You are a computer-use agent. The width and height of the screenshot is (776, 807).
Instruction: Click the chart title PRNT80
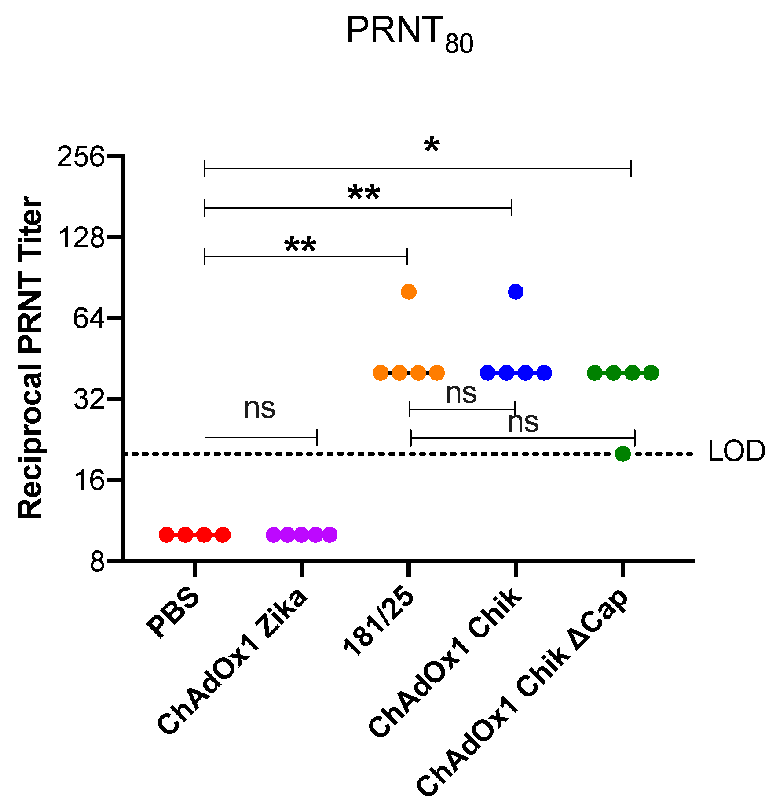tap(409, 33)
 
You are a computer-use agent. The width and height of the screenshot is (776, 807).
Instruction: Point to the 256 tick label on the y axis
tap(81, 156)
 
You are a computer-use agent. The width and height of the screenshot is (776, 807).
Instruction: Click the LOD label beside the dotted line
tap(736, 452)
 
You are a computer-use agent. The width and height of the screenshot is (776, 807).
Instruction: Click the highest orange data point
tap(409, 292)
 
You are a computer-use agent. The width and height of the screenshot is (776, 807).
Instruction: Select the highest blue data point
tap(516, 291)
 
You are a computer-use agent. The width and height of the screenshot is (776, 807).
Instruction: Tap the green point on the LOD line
tap(623, 453)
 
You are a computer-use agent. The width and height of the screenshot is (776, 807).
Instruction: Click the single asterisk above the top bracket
tap(432, 146)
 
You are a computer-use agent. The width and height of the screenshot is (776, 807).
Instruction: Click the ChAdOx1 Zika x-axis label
tap(233, 660)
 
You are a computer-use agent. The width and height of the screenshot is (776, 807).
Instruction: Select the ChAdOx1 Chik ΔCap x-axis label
tap(523, 691)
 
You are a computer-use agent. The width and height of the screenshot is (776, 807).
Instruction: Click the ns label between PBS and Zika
tap(260, 408)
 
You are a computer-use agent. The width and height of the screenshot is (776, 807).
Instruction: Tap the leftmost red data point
tap(166, 535)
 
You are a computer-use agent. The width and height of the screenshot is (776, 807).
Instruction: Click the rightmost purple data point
tap(329, 535)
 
